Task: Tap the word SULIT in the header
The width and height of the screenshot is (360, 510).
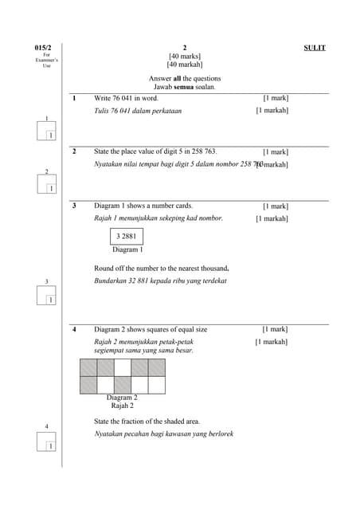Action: [x=315, y=48]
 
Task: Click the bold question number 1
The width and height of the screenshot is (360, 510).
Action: [x=73, y=98]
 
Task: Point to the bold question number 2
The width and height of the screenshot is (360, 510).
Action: [x=73, y=151]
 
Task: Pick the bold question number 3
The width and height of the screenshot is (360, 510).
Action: [x=73, y=206]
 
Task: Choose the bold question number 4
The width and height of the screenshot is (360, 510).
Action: [x=73, y=329]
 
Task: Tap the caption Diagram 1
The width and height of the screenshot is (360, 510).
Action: [x=127, y=249]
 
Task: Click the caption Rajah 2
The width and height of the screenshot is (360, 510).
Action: [x=122, y=406]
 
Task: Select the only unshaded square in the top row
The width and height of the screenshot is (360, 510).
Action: [x=122, y=367]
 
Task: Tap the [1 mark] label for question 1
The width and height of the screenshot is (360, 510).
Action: [x=276, y=98]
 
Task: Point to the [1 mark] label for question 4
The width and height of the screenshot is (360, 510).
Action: [x=275, y=329]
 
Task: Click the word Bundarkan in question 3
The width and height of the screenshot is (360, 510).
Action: [x=111, y=281]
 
